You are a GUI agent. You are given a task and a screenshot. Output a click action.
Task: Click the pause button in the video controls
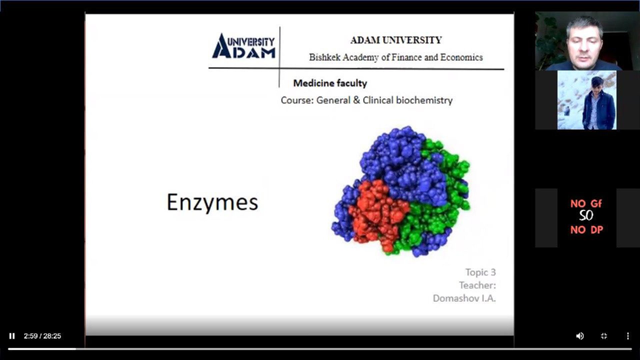click(x=12, y=336)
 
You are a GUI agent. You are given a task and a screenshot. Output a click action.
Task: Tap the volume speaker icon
click(x=580, y=336)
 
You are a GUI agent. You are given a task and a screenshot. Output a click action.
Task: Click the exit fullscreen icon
click(x=604, y=336)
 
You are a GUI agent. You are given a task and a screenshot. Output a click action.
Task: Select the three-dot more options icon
click(x=628, y=336)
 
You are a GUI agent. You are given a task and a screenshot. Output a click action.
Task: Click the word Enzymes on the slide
click(x=212, y=202)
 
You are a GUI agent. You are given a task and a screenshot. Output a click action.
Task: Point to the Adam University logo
click(x=244, y=46)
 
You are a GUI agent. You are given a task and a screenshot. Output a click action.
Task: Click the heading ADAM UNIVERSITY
click(x=396, y=40)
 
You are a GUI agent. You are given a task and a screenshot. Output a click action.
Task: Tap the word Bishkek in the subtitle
click(x=325, y=57)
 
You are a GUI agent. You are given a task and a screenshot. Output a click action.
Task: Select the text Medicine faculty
click(x=330, y=83)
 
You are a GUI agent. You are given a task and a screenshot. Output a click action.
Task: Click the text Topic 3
click(x=481, y=272)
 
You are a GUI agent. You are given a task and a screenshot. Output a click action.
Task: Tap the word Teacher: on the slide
click(x=477, y=285)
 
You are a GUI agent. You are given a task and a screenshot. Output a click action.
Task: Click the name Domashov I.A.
click(x=464, y=298)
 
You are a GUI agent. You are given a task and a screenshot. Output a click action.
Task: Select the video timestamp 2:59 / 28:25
click(x=42, y=336)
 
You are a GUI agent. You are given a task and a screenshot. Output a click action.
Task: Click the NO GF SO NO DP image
click(x=587, y=217)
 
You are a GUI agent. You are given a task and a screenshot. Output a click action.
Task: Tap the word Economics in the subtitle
click(x=461, y=57)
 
